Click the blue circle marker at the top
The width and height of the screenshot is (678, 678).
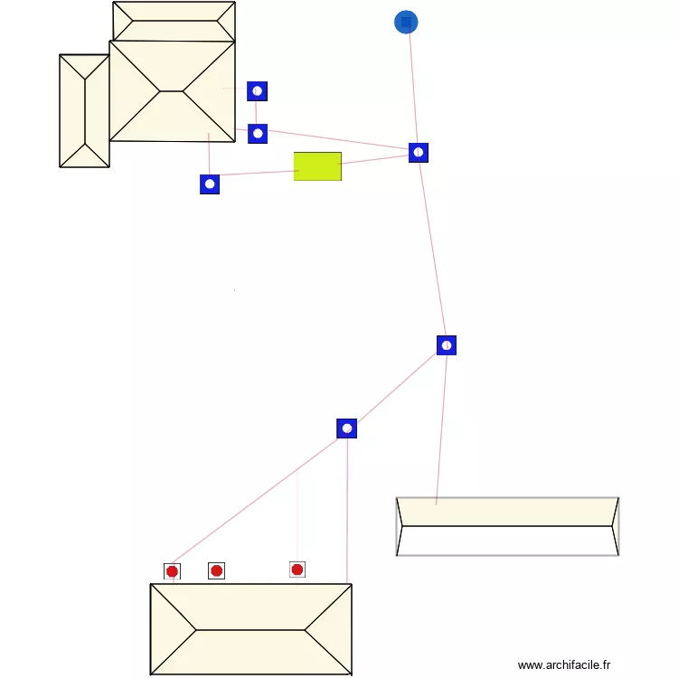pos(407,22)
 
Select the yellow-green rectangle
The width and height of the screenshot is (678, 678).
pos(317,166)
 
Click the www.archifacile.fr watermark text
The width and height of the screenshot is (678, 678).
pos(564,665)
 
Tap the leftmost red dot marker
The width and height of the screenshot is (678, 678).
pos(172,571)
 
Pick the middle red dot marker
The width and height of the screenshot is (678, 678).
pos(216,570)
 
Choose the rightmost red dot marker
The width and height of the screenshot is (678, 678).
pos(297,570)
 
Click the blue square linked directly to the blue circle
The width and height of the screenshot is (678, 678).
pos(418,153)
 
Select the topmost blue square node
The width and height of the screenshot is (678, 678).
pos(257,91)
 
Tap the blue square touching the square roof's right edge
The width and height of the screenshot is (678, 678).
pos(258,134)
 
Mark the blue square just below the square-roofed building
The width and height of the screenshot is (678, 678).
pos(210,184)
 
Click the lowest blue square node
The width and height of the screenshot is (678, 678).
pos(347,428)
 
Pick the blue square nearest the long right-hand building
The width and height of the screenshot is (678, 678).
pos(446,345)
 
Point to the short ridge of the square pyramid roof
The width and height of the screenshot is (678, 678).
pos(171,91)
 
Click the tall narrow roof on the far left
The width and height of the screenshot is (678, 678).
pos(84,111)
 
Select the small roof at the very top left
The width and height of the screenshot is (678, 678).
pos(174,21)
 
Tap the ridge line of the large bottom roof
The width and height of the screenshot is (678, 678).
pos(250,630)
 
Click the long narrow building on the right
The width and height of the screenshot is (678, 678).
pos(507,526)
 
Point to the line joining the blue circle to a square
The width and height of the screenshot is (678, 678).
pos(412,87)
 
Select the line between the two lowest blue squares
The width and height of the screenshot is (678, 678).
pos(397,387)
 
